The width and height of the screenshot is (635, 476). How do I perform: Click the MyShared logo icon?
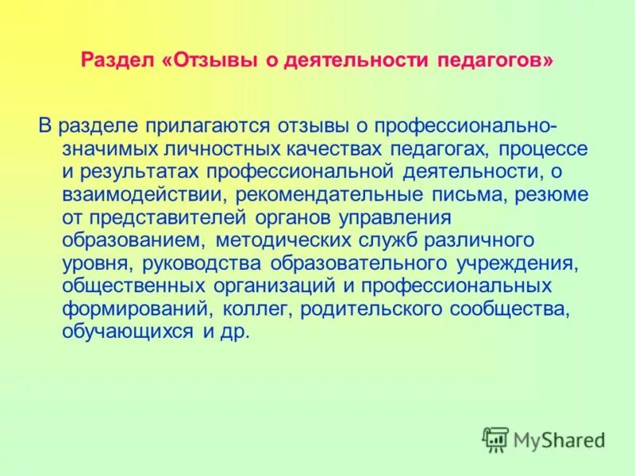click(495, 439)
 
